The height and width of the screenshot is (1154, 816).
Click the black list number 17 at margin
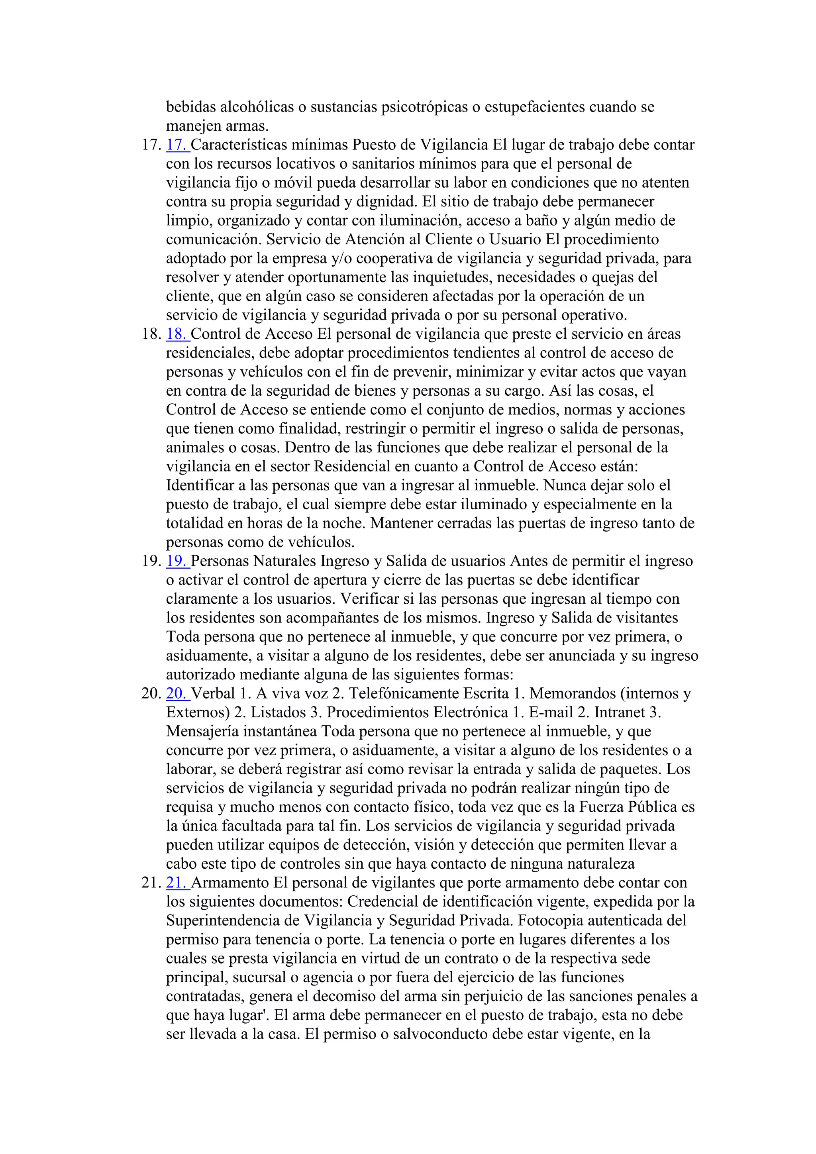(x=151, y=145)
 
